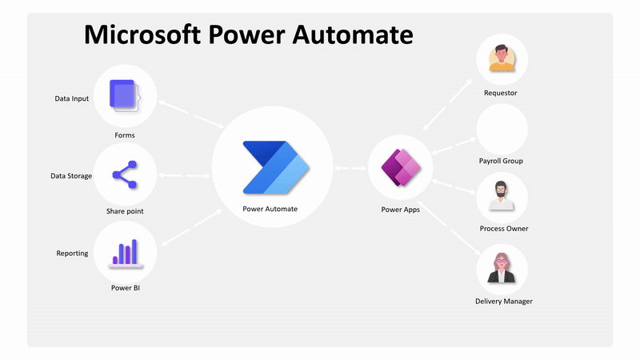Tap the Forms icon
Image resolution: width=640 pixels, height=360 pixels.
124,96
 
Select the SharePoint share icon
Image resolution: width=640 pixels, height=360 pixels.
124,174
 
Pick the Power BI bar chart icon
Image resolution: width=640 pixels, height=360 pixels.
124,251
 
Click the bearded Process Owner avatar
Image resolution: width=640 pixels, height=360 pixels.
502,197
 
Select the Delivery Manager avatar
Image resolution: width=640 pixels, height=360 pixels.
502,269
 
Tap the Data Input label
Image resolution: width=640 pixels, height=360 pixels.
72,99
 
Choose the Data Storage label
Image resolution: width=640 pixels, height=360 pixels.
71,176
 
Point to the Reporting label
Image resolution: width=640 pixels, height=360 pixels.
72,254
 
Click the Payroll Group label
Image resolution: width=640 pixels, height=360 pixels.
501,161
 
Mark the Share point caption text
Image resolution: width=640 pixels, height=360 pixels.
125,211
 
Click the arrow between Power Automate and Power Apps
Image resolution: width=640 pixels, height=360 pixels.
350,169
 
